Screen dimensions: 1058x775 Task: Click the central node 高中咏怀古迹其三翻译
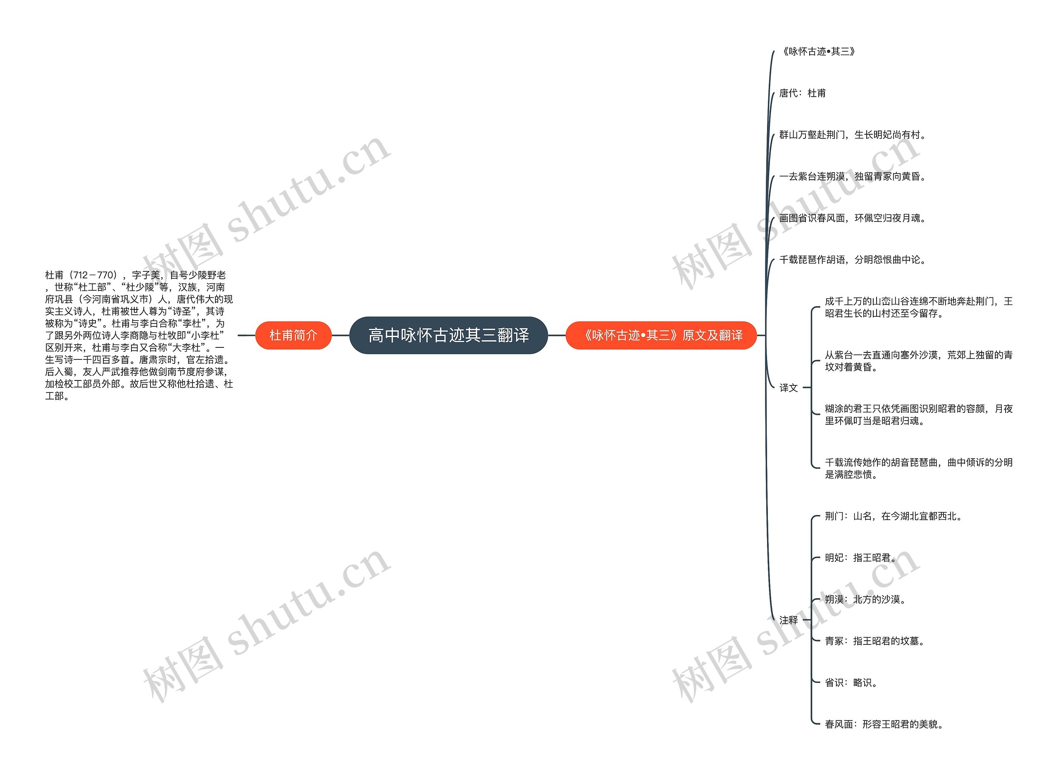pos(448,335)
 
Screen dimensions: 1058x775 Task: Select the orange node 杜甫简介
pos(293,335)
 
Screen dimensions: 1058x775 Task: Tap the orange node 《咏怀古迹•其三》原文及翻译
pos(661,335)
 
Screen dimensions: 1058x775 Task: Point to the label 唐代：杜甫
pos(802,93)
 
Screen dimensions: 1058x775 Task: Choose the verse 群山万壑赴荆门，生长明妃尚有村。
pos(852,135)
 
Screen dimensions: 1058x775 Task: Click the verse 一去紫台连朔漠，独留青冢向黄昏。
pos(852,176)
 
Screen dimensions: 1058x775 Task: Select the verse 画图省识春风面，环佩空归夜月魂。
pos(852,218)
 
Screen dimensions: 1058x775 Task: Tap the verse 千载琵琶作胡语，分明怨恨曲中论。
pos(852,259)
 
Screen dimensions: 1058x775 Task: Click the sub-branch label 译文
pos(788,387)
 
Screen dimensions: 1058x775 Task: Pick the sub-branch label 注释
pos(788,620)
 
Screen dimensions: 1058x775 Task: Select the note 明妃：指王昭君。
pos(860,558)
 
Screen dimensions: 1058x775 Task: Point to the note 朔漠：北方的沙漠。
pos(865,599)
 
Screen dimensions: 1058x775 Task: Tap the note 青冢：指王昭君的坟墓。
pos(875,641)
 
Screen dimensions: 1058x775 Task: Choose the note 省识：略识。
pos(851,682)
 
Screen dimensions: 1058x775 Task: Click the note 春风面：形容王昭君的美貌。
pos(884,724)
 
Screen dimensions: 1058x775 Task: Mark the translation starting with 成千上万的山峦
pos(918,307)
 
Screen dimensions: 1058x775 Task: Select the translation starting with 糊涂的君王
pos(918,415)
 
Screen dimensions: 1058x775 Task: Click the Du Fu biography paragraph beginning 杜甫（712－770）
pos(139,335)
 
